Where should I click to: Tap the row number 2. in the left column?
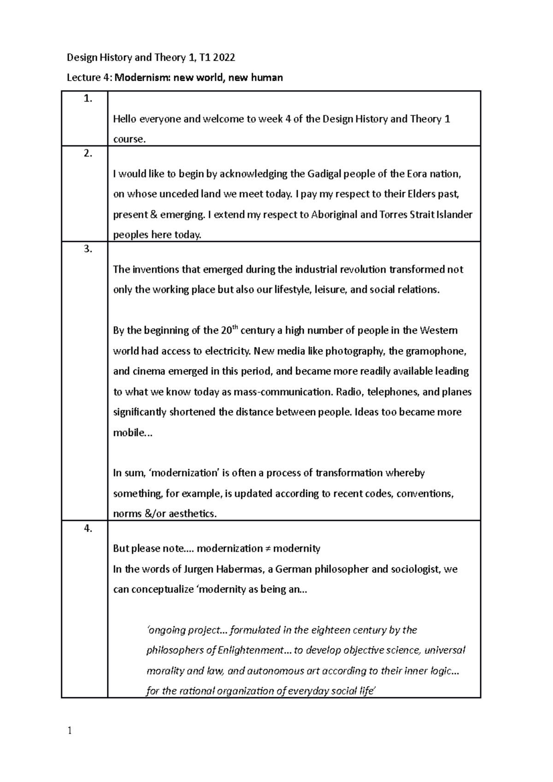pyautogui.click(x=88, y=154)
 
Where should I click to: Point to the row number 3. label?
pyautogui.click(x=88, y=249)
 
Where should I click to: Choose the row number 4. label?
pyautogui.click(x=88, y=529)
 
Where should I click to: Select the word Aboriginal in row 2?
pyautogui.click(x=335, y=215)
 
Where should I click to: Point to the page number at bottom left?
pyautogui.click(x=70, y=731)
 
